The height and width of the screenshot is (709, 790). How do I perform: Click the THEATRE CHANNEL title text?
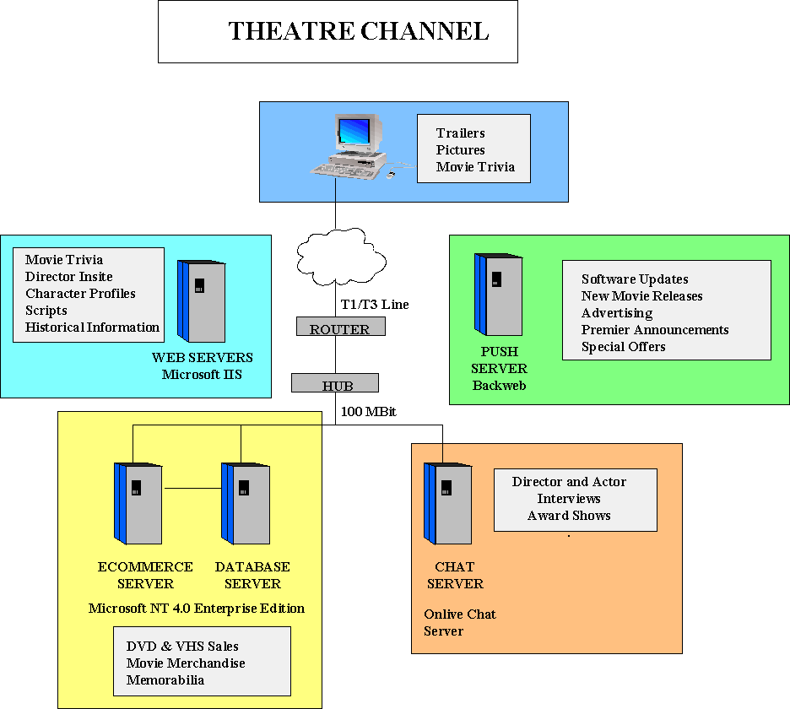click(x=359, y=31)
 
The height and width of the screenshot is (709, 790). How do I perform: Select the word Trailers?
click(x=460, y=133)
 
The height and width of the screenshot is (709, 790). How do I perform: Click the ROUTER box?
click(x=339, y=327)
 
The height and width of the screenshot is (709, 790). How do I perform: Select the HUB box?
click(x=336, y=384)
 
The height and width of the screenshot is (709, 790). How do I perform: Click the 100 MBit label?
click(x=369, y=413)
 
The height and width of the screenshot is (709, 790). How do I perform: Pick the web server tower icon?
click(x=201, y=300)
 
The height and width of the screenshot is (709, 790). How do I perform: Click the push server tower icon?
click(x=498, y=294)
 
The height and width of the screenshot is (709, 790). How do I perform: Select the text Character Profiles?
click(x=80, y=294)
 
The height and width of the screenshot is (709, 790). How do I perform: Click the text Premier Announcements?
click(x=655, y=330)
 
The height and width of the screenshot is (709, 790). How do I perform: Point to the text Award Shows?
click(x=569, y=516)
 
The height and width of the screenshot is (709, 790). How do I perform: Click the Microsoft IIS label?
click(x=202, y=374)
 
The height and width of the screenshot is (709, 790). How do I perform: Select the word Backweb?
click(x=499, y=385)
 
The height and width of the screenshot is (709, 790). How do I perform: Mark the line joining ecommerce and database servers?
click(x=192, y=488)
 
